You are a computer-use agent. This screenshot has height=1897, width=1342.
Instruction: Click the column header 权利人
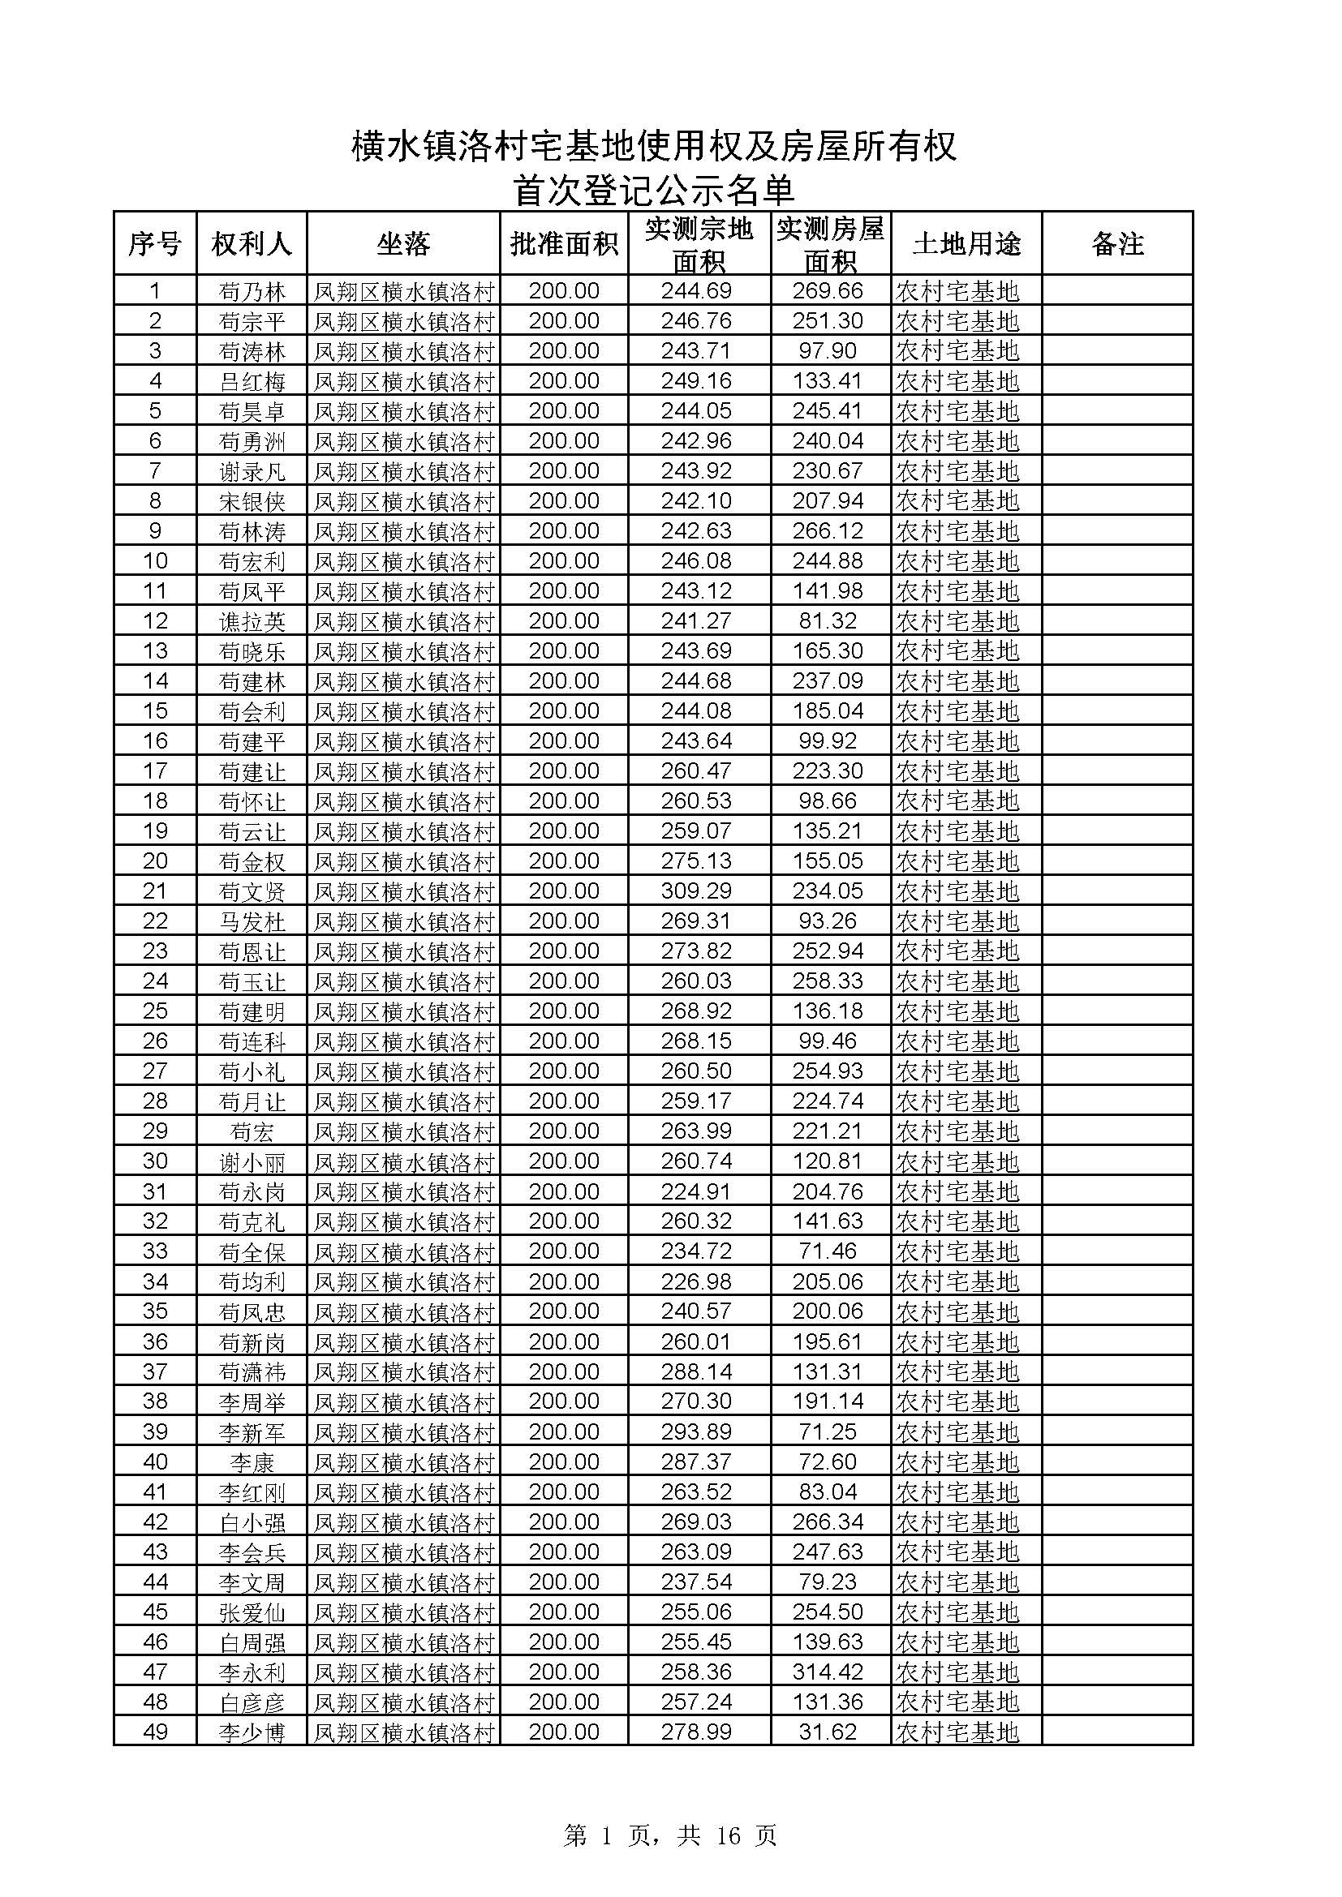pos(252,244)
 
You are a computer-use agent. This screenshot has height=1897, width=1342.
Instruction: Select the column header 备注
pos(1116,244)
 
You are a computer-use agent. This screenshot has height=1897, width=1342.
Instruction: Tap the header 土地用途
pos(966,244)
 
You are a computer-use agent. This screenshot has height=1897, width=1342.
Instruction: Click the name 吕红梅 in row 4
pos(252,382)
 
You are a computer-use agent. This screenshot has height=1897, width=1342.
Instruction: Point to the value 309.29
pos(696,891)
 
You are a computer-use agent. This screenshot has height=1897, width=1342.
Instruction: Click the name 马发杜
pos(252,921)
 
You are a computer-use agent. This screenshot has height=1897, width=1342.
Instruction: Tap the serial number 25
pos(155,1011)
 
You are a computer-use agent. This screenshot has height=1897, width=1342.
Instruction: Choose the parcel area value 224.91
pos(696,1191)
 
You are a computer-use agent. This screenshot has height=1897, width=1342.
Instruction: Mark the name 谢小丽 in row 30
pos(252,1161)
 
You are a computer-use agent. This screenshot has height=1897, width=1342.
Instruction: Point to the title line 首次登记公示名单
pos(654,190)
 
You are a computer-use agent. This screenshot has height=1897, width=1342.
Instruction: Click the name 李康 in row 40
pos(252,1462)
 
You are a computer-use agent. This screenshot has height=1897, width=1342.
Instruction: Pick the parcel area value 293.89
pos(696,1431)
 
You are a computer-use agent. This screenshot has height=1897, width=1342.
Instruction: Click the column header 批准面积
pos(564,244)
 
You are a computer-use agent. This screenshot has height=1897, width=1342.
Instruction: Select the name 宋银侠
pos(252,501)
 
